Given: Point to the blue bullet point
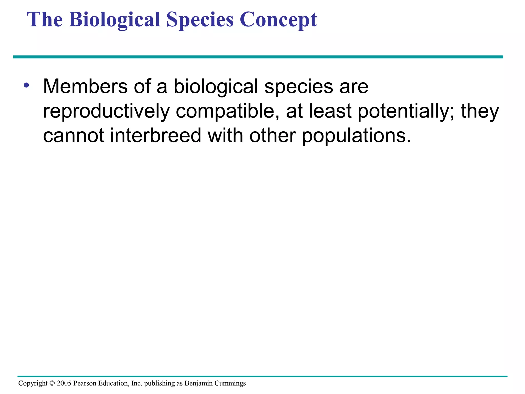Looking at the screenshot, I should [26, 85].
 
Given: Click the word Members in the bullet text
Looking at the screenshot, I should [85, 86].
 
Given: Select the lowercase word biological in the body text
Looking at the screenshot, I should [216, 86].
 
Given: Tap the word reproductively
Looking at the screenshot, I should [106, 111].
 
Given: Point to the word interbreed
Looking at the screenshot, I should [156, 136].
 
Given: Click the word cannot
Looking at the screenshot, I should [73, 136].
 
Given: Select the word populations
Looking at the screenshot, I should [356, 136].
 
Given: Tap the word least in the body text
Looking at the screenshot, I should [330, 111].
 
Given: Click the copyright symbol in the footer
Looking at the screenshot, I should [52, 383].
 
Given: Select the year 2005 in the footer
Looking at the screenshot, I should [64, 383].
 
